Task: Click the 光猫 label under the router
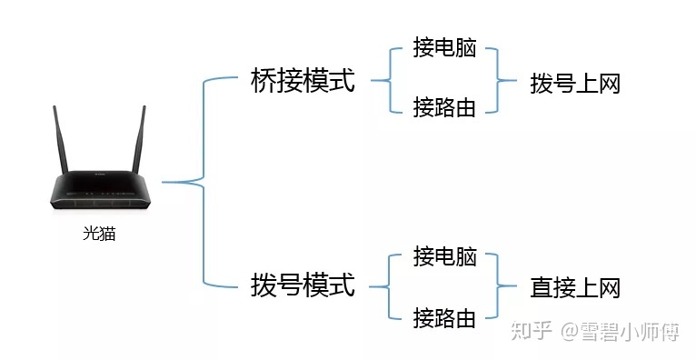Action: (99, 234)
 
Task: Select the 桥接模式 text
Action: (302, 81)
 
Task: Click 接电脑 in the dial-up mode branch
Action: (444, 256)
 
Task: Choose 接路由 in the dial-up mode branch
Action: (444, 317)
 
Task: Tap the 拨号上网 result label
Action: (574, 85)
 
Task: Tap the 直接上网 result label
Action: (574, 288)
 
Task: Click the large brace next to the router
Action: (202, 182)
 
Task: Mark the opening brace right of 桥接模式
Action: (389, 81)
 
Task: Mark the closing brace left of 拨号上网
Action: (498, 81)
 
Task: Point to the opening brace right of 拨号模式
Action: (389, 286)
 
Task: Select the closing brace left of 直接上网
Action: (498, 286)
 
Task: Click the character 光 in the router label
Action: (91, 234)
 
